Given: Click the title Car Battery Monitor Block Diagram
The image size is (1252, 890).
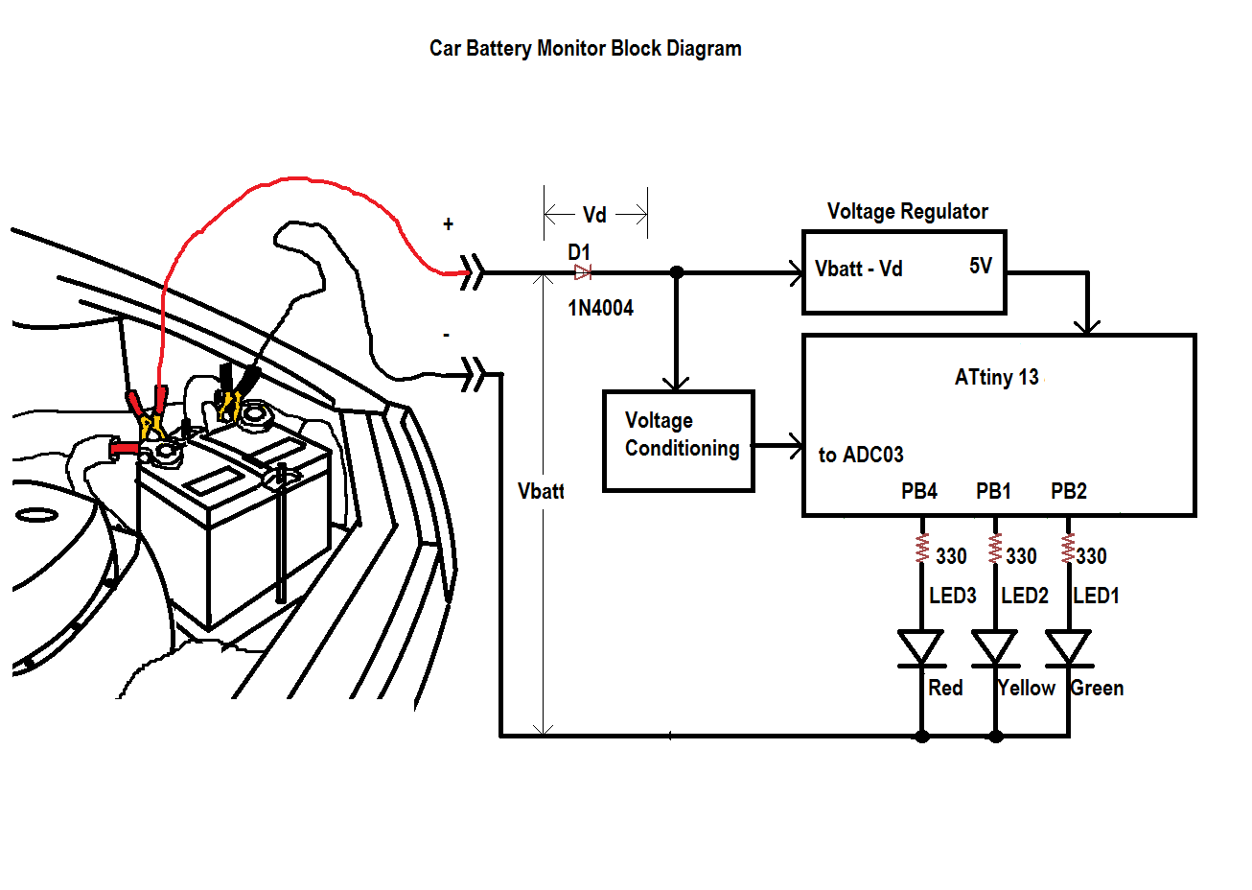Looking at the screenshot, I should coord(585,49).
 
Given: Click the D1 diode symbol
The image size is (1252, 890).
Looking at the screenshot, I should coord(582,273).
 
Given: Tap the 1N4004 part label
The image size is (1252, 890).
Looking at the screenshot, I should coord(600,308).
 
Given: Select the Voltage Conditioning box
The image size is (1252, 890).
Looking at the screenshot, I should coord(679,441).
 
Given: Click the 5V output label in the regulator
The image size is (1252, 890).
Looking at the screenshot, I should coord(980,266).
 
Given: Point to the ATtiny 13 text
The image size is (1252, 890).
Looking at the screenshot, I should coord(996,377).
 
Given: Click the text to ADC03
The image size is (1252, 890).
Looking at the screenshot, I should coord(860,455).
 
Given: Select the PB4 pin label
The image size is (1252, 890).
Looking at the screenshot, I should coord(918,491).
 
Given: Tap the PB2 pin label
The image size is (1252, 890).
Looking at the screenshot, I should coord(1068,491).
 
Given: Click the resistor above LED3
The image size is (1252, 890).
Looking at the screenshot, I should coord(922,549).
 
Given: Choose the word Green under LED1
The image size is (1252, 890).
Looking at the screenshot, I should coord(1098,688).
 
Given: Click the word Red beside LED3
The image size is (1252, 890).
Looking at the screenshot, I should coord(945,688).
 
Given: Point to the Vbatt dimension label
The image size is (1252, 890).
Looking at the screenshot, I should coord(541,491).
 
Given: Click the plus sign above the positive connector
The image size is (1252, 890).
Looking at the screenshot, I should coord(448,224).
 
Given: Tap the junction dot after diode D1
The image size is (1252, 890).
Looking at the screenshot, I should coord(676,272).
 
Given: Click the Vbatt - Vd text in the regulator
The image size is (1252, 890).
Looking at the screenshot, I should coord(858,269).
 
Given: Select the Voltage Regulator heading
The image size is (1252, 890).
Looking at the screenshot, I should coord(907,211).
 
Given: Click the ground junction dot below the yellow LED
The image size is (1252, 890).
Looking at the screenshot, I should coord(996,737).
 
